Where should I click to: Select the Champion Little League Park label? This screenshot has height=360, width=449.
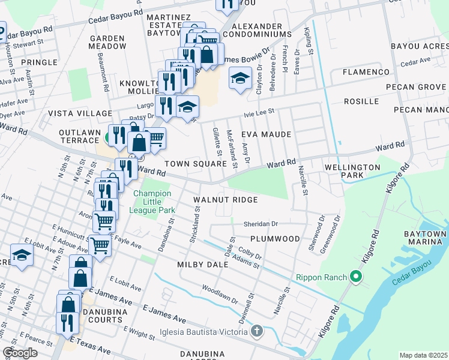coord(152,202)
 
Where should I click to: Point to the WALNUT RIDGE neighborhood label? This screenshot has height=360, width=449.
coord(225,200)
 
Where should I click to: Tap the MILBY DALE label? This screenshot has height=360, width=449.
coord(202,265)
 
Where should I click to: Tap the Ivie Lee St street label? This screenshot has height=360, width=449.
coord(258,111)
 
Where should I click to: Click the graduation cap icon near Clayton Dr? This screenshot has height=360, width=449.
coord(240,79)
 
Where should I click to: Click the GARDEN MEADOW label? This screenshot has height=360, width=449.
coord(107,42)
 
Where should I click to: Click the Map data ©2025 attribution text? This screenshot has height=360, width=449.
coord(423,355)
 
